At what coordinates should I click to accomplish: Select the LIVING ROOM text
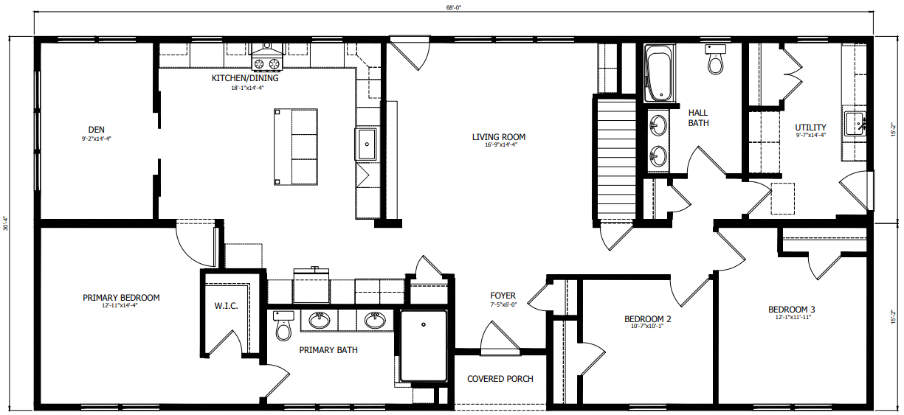(x=499, y=136)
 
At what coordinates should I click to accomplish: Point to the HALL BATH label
(x=698, y=118)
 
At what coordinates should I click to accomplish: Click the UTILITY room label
(x=810, y=128)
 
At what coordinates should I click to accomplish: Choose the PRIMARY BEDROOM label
(x=121, y=298)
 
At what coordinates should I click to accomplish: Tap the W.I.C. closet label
(x=226, y=306)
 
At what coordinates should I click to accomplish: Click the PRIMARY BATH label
(x=328, y=350)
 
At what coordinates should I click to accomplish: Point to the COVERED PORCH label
(x=500, y=379)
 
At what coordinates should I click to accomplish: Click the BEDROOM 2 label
(x=647, y=319)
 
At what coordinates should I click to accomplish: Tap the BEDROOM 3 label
(x=791, y=309)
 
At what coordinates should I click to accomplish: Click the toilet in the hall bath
(x=715, y=60)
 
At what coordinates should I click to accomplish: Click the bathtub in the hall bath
(x=658, y=74)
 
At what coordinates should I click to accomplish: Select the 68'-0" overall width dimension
(x=453, y=7)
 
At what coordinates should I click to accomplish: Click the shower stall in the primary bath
(x=424, y=345)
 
